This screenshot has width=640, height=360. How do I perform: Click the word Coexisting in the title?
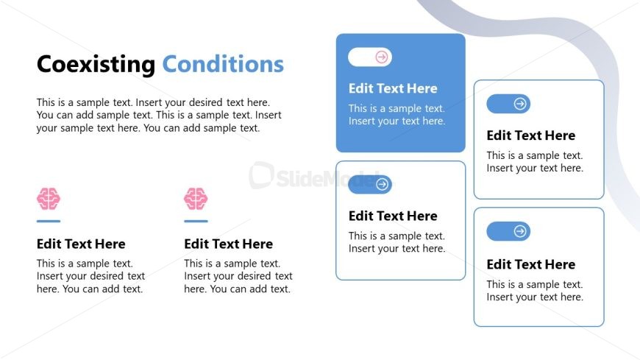click(x=96, y=65)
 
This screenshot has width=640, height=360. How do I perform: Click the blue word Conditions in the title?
click(x=223, y=64)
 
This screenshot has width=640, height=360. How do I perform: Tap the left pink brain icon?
click(x=49, y=199)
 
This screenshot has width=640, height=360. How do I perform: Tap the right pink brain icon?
click(x=196, y=199)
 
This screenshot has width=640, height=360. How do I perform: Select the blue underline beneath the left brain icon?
click(x=49, y=221)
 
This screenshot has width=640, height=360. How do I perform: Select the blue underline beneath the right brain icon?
click(x=196, y=221)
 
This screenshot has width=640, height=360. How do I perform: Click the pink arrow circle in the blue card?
click(x=382, y=57)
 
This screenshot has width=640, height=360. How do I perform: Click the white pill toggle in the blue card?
click(x=370, y=57)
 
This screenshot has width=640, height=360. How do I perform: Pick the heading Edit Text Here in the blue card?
click(x=393, y=88)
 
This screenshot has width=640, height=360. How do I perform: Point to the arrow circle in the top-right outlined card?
click(x=520, y=104)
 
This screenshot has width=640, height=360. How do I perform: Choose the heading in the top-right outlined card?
click(x=530, y=135)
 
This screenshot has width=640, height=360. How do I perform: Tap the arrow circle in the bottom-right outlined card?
click(x=520, y=231)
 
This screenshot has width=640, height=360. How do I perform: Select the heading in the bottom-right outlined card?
click(x=530, y=264)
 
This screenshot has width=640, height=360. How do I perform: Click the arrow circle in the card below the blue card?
click(x=382, y=184)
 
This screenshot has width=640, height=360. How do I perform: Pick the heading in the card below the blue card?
click(x=393, y=216)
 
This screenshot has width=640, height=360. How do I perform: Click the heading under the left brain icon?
click(x=81, y=244)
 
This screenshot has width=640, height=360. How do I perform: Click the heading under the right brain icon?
click(x=228, y=244)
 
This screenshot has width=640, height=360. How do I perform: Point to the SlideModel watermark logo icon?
click(x=261, y=175)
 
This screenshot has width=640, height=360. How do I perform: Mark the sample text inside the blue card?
click(x=397, y=115)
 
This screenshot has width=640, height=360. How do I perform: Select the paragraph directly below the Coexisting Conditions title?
click(x=159, y=116)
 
